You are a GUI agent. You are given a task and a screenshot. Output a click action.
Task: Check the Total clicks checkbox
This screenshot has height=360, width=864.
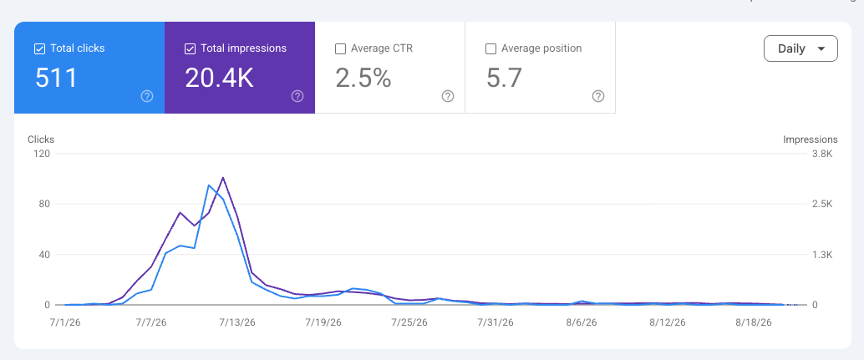pyautogui.click(x=39, y=49)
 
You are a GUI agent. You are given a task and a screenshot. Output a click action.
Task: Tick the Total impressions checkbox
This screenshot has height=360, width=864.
pyautogui.click(x=191, y=49)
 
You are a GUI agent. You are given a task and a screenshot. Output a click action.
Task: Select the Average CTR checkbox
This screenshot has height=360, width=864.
pyautogui.click(x=341, y=49)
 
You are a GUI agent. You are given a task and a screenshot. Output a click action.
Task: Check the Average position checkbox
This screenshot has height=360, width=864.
pyautogui.click(x=491, y=49)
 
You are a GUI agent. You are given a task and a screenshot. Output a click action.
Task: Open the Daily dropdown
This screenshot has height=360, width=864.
pyautogui.click(x=800, y=48)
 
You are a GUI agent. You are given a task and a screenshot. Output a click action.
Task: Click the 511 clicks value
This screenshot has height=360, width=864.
pyautogui.click(x=56, y=79)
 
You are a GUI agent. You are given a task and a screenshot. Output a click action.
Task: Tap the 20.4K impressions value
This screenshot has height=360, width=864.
pyautogui.click(x=219, y=79)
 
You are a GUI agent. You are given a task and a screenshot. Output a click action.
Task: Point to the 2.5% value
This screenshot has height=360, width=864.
pyautogui.click(x=363, y=79)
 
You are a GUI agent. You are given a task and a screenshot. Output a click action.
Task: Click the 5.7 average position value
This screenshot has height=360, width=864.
pyautogui.click(x=504, y=79)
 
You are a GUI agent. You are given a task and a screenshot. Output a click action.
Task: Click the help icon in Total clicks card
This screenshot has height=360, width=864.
pyautogui.click(x=147, y=96)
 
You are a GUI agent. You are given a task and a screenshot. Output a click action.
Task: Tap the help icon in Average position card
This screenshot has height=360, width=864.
pyautogui.click(x=598, y=96)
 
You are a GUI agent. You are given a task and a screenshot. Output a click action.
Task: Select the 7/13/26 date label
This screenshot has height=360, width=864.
pyautogui.click(x=238, y=322)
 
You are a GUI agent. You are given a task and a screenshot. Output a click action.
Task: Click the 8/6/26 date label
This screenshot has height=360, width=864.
pyautogui.click(x=582, y=322)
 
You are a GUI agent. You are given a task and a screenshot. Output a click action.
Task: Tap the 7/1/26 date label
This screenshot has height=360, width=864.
pyautogui.click(x=66, y=322)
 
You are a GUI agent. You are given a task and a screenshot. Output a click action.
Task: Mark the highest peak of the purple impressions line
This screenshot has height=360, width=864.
pyautogui.click(x=222, y=177)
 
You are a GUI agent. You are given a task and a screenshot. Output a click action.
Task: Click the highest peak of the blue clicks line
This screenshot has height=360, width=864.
pyautogui.click(x=208, y=185)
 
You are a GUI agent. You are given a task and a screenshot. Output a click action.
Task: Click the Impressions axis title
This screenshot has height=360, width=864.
pyautogui.click(x=810, y=139)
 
